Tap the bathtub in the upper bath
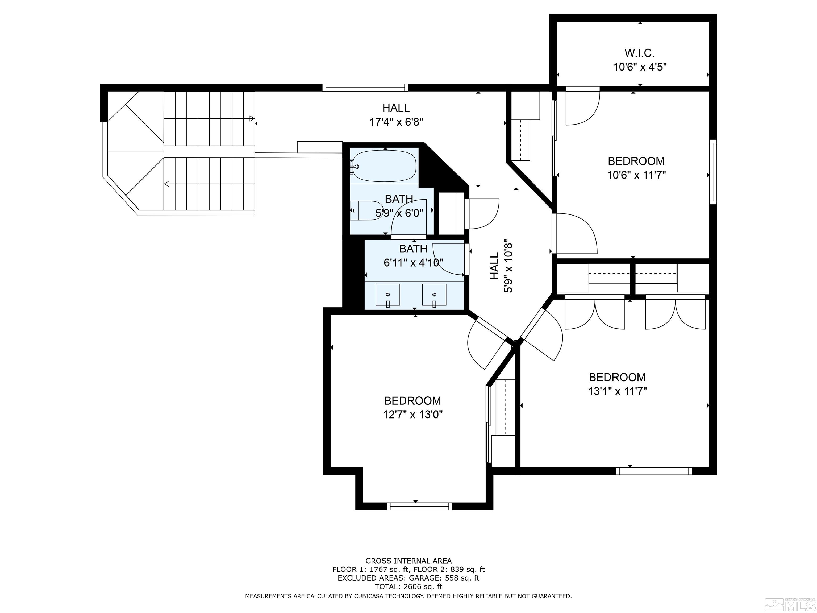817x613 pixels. point(384,166)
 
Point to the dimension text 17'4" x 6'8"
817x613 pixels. point(396,122)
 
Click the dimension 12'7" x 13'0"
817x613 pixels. point(412,415)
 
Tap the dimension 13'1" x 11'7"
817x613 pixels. point(618,391)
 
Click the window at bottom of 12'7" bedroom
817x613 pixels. point(419,506)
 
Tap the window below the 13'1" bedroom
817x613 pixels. point(654,471)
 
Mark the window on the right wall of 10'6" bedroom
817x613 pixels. point(713,172)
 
